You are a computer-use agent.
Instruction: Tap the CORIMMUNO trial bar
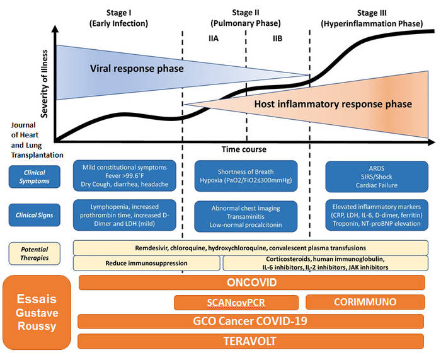coord(365,302)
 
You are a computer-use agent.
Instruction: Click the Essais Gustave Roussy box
coord(36,312)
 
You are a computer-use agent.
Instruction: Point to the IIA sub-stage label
coord(214,39)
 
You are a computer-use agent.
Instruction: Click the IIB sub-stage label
coord(277,39)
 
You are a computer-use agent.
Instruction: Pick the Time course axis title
coord(243,149)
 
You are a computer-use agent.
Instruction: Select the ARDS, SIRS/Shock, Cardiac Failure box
coord(377,176)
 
